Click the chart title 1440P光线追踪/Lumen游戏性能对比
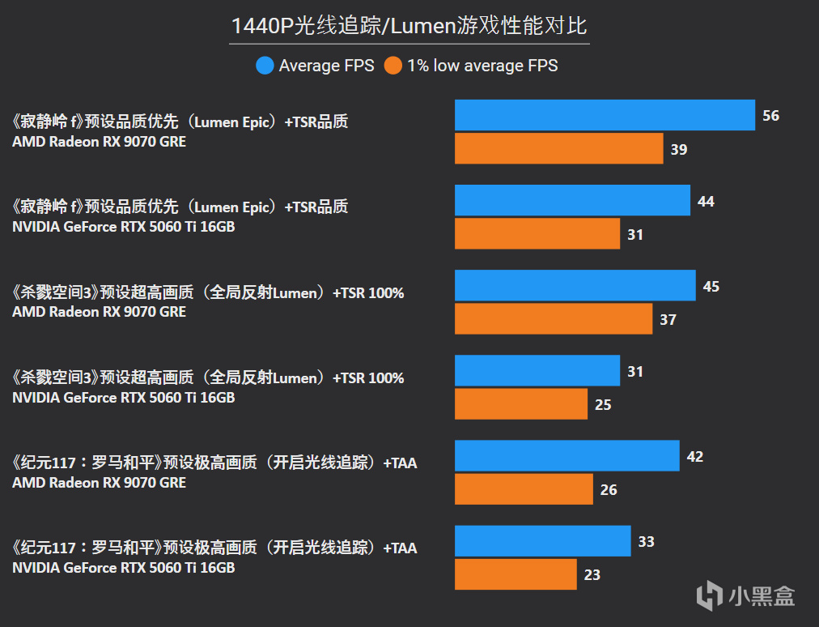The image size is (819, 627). (x=409, y=26)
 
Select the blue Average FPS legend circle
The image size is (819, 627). (x=265, y=66)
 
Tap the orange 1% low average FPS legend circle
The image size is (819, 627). (x=393, y=66)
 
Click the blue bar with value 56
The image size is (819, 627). (x=605, y=115)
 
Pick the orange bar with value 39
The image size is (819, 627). (x=559, y=148)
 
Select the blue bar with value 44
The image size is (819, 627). (x=572, y=200)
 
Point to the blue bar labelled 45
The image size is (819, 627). (x=575, y=285)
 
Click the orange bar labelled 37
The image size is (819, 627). (x=554, y=318)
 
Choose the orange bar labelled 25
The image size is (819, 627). (x=521, y=403)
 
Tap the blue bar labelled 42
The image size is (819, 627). (x=567, y=455)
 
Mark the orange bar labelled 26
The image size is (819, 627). (x=524, y=488)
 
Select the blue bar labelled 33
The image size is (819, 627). (x=542, y=540)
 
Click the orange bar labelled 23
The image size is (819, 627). (x=516, y=574)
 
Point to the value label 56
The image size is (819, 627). (x=770, y=116)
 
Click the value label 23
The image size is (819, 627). (x=592, y=574)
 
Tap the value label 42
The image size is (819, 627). (x=694, y=457)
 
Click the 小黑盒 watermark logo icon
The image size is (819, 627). (x=709, y=595)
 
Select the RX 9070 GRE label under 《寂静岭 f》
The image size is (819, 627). (x=99, y=142)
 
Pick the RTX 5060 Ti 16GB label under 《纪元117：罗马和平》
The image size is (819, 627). (x=123, y=568)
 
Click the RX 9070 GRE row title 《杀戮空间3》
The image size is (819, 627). (x=208, y=292)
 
